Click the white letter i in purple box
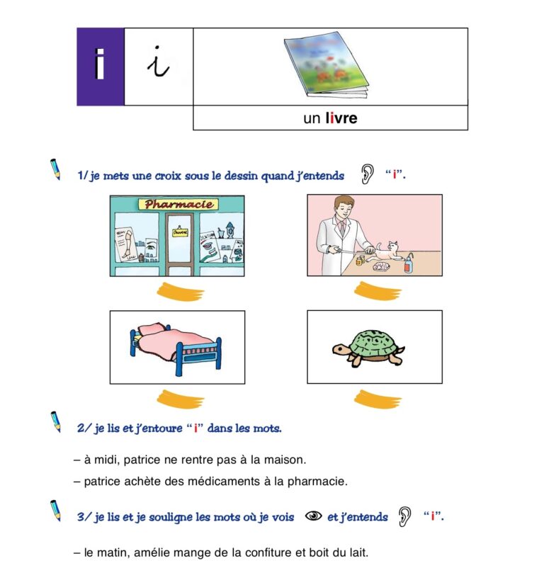pos(100,66)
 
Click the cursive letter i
pos(158,64)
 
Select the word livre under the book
pos(341,118)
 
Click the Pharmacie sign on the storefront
pos(177,205)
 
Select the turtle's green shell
pos(374,343)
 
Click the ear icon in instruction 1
pos(367,174)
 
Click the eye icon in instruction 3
pos(313,516)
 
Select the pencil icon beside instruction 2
pos(55,422)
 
